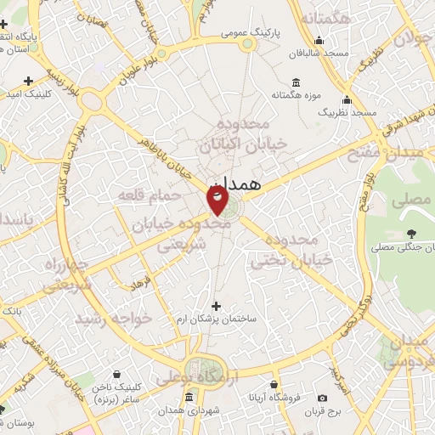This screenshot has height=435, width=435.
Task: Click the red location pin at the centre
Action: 217,199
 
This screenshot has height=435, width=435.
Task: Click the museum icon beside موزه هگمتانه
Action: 295,82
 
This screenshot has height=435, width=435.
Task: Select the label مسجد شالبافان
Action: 319,53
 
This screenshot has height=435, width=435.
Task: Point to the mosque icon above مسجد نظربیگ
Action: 347,99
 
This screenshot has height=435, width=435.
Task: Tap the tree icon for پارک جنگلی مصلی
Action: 412,234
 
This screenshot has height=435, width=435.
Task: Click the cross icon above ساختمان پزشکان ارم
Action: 216,306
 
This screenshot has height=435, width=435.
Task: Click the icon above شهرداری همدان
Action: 189,398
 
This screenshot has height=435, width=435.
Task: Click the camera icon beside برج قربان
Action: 322,398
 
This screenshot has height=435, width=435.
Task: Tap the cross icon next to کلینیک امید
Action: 28,81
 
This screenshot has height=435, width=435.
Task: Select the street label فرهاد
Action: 141,280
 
